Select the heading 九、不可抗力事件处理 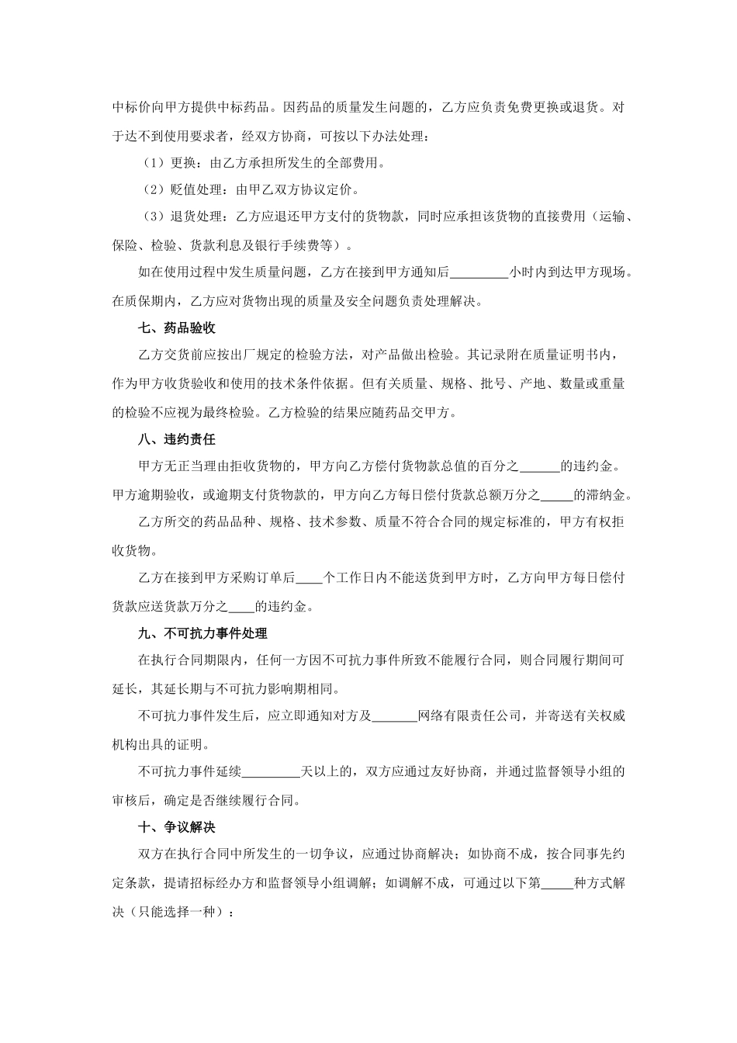click(x=202, y=633)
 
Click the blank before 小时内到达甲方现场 click(x=479, y=273)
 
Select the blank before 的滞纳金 click(x=555, y=494)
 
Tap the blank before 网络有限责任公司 click(x=395, y=716)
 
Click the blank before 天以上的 click(x=272, y=772)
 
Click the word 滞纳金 click(x=611, y=494)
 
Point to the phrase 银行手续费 click(x=303, y=245)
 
